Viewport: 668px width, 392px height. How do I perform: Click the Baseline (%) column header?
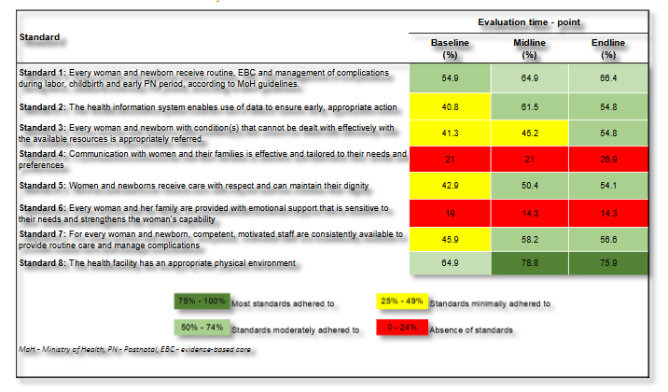[450, 49]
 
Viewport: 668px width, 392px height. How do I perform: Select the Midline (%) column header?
[529, 49]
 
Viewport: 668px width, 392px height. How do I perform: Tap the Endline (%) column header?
[608, 49]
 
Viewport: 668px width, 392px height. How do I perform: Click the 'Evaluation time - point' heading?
[529, 21]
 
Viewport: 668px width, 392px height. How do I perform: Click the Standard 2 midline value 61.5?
[529, 107]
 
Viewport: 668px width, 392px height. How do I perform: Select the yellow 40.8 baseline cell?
[450, 107]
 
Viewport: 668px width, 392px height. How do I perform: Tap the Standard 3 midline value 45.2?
[529, 133]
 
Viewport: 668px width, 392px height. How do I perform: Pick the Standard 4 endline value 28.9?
[608, 160]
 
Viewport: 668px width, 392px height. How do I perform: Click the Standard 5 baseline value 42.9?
[450, 187]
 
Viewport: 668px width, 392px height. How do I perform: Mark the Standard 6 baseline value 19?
[450, 213]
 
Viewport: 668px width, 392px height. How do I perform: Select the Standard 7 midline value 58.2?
[529, 240]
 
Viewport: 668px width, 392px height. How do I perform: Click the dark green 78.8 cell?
[529, 264]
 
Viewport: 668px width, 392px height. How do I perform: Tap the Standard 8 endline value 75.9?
[608, 264]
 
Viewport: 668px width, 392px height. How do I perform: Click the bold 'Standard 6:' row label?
[42, 206]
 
